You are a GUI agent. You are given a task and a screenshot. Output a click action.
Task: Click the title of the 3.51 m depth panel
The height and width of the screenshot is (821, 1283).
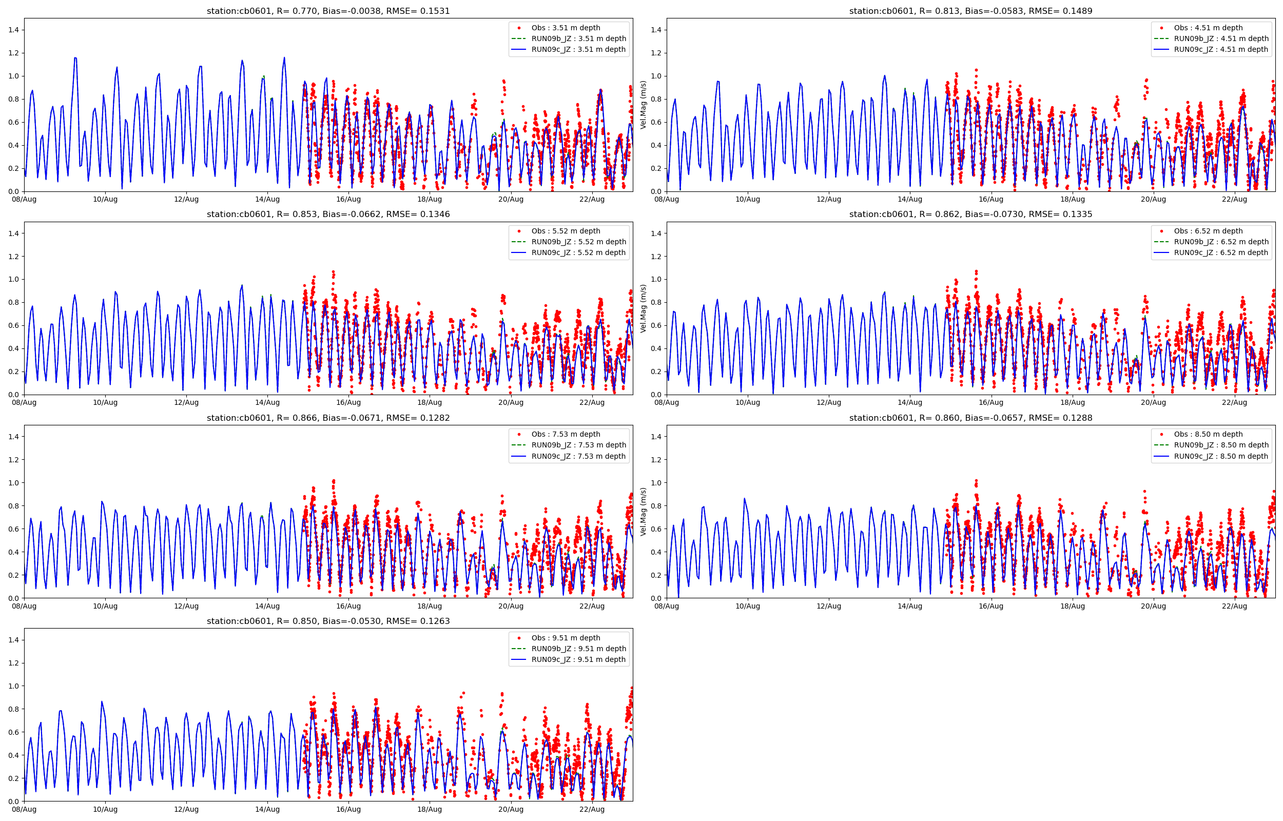click(x=328, y=11)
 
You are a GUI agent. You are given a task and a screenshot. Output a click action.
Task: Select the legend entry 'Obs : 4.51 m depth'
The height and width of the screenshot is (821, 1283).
click(x=1208, y=28)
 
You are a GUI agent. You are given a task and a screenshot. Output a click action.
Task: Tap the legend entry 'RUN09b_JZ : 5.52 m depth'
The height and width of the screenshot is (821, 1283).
click(x=578, y=242)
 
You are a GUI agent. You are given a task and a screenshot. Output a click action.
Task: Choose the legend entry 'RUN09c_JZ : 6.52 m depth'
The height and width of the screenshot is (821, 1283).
click(x=1220, y=252)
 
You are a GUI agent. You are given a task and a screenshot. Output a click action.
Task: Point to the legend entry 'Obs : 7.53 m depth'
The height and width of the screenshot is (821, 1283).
click(x=566, y=435)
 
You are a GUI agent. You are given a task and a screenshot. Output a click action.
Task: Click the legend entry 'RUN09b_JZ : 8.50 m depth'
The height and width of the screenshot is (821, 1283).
click(x=1220, y=445)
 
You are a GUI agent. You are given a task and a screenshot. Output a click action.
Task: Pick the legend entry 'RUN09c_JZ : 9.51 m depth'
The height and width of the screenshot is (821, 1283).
click(x=578, y=659)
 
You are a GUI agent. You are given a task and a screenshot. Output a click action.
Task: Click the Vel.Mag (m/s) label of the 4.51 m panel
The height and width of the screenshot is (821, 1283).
click(x=644, y=105)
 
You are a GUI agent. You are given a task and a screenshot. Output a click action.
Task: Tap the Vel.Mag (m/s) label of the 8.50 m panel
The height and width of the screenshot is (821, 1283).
click(x=644, y=512)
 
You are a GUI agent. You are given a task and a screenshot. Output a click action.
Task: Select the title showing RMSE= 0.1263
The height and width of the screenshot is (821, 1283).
click(x=328, y=621)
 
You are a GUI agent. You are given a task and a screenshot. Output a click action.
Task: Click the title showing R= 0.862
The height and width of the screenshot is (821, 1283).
click(x=970, y=214)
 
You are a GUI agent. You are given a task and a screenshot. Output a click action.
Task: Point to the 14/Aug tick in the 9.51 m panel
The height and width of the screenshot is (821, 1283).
click(x=267, y=809)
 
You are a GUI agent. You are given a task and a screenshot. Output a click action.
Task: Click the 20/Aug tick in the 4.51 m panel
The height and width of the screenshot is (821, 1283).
click(x=1153, y=200)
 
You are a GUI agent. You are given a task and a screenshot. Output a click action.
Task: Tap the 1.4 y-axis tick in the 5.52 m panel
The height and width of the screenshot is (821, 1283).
click(x=13, y=233)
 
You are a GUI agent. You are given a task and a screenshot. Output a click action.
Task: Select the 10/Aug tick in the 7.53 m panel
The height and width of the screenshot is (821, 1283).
click(x=105, y=606)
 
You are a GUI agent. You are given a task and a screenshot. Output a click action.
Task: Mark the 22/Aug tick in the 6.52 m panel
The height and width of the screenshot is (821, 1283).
click(x=1234, y=402)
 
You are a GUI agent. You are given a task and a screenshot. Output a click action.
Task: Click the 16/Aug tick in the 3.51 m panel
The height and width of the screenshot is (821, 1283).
click(x=348, y=200)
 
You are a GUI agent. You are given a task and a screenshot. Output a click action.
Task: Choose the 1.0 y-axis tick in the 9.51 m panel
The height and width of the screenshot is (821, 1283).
click(x=13, y=686)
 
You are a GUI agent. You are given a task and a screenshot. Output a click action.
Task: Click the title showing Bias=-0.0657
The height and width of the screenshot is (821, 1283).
click(x=970, y=418)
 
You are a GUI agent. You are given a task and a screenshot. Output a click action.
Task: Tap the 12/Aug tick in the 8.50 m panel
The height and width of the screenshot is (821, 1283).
click(x=828, y=606)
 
